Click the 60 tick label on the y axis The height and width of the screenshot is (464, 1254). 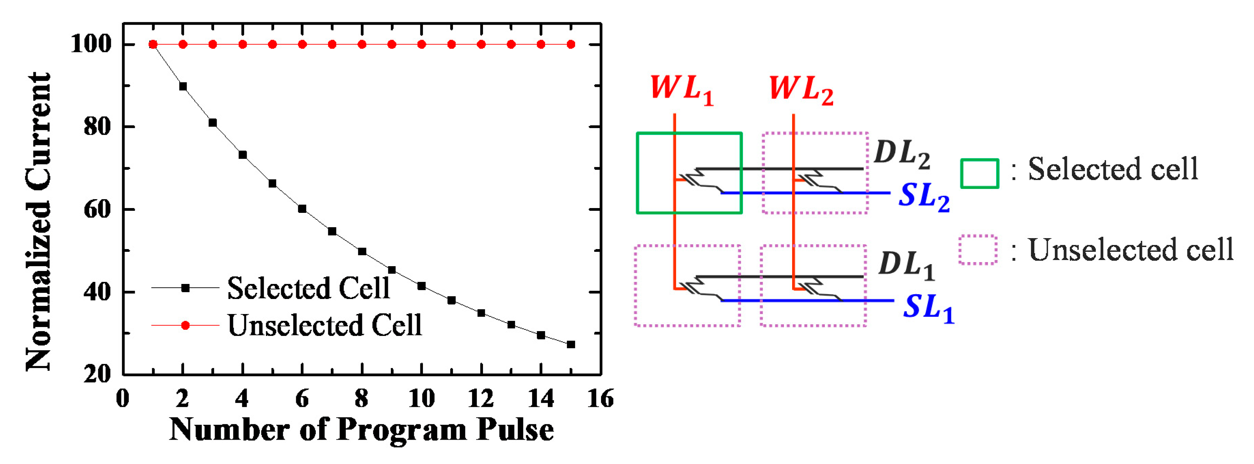[97, 209]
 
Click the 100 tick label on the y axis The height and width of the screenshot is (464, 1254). [91, 44]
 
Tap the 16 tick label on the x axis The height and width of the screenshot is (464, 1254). [601, 399]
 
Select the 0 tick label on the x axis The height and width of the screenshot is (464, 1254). [123, 399]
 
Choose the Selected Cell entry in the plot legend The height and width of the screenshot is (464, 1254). [308, 288]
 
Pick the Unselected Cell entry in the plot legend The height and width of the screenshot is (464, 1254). [324, 325]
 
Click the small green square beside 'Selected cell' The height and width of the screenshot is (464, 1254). [979, 174]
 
